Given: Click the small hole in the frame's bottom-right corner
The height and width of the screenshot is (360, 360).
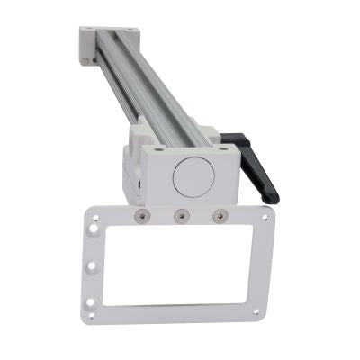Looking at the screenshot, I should point(256,311).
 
